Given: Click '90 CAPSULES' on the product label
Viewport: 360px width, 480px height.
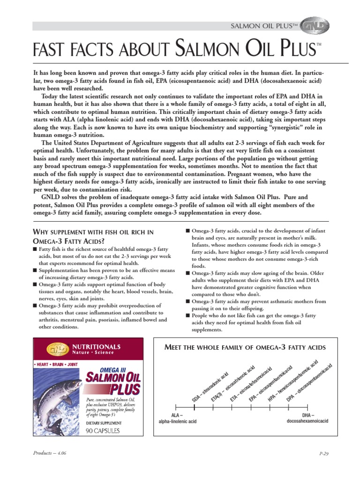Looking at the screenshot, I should pyautogui.click(x=103, y=430).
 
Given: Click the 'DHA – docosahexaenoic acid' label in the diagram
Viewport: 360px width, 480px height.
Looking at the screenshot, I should pyautogui.click(x=307, y=418).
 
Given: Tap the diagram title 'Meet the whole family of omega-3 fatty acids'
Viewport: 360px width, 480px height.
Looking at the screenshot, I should pyautogui.click(x=244, y=347).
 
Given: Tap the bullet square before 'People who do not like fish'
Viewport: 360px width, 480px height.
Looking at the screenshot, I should pyautogui.click(x=187, y=316).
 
